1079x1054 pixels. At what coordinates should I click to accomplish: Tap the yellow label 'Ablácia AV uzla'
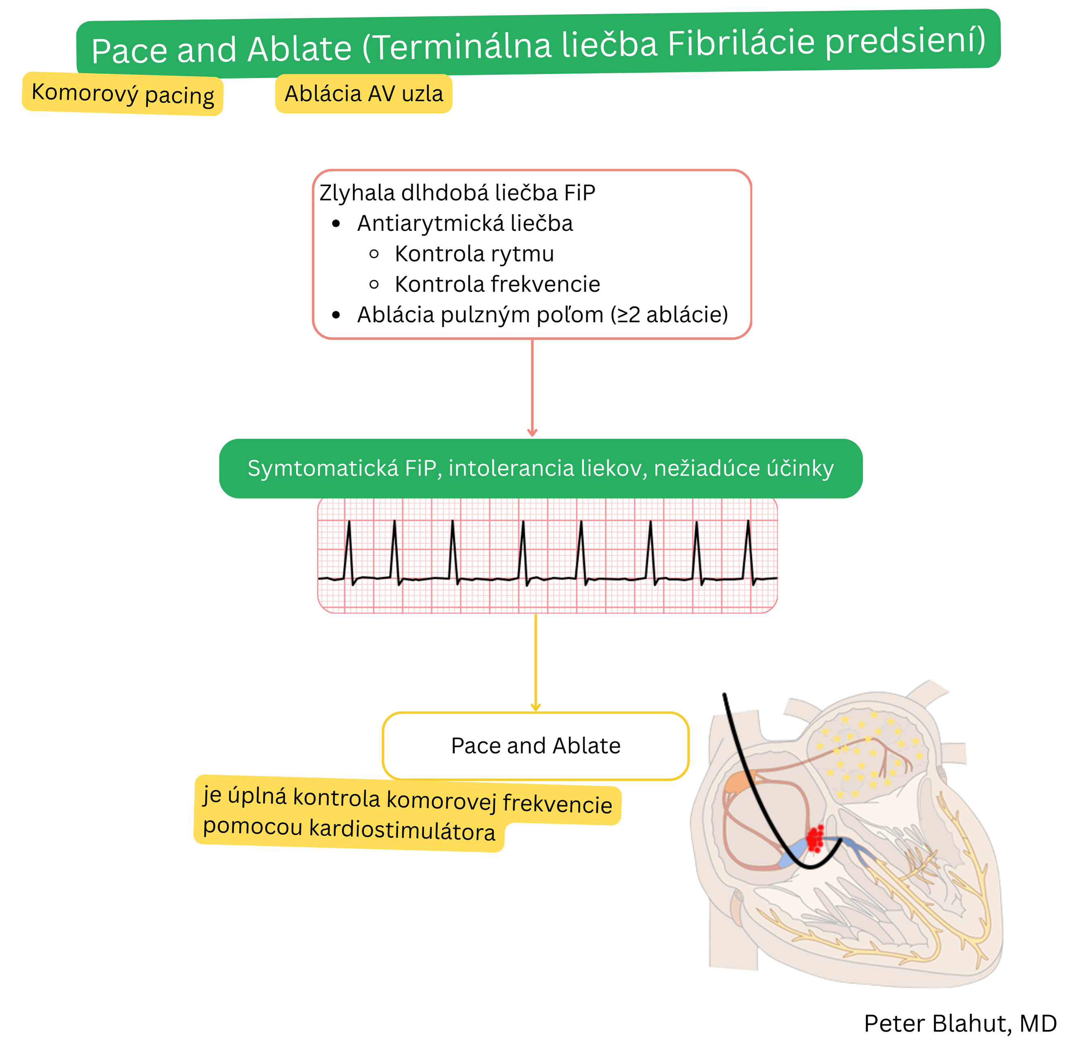(364, 93)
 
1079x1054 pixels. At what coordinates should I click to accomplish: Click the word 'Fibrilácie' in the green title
(741, 43)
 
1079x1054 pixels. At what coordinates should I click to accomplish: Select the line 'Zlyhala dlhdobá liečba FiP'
(457, 193)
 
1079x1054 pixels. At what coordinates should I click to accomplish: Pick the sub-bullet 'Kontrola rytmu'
(474, 254)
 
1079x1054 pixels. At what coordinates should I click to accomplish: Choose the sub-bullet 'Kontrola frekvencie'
(497, 284)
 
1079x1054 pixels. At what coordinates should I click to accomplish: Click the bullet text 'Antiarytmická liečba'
(465, 223)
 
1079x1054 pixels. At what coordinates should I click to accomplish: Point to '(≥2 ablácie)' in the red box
(669, 315)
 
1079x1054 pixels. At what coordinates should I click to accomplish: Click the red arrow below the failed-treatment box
(532, 387)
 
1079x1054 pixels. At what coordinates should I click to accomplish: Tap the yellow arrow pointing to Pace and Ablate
(535, 661)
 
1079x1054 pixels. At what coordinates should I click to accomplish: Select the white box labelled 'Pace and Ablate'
(535, 745)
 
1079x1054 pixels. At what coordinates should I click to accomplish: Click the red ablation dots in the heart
(815, 838)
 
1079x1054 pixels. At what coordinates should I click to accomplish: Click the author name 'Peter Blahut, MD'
(960, 1024)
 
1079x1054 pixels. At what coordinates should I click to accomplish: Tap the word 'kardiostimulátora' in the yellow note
(402, 830)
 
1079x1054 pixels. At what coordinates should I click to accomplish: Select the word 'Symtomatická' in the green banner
(322, 468)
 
